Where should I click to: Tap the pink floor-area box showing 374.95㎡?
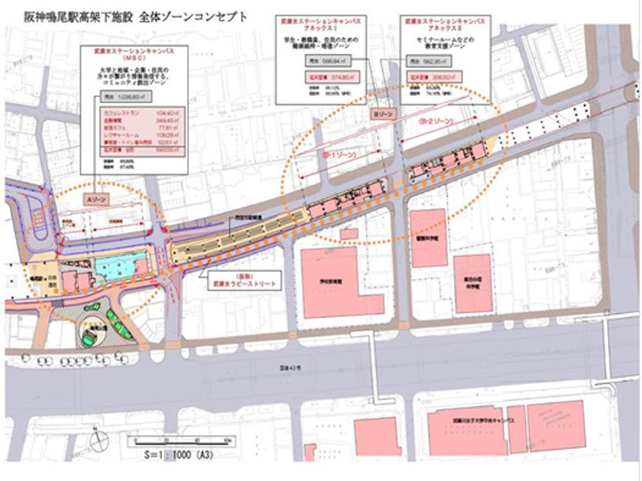click(x=313, y=77)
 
